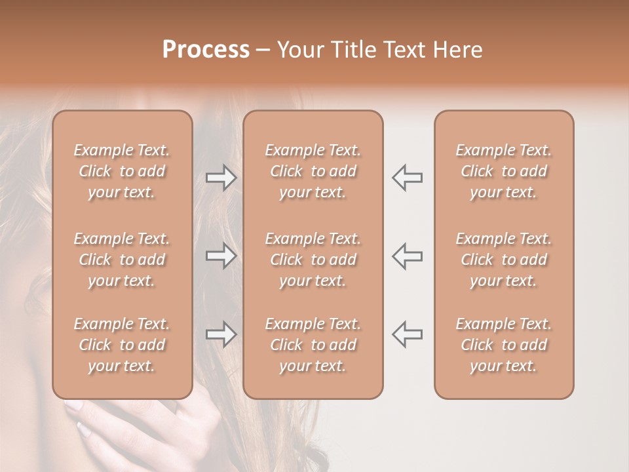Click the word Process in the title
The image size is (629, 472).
click(x=206, y=50)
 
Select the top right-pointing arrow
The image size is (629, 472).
click(x=221, y=177)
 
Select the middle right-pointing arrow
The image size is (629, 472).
click(x=221, y=255)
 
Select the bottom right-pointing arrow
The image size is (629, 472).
click(x=221, y=334)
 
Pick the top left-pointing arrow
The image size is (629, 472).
click(x=408, y=177)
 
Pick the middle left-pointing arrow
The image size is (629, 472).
click(x=408, y=255)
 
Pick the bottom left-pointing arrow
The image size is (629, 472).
click(x=408, y=334)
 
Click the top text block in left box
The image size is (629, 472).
click(x=122, y=171)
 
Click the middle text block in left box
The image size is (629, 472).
click(x=122, y=260)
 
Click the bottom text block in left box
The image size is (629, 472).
click(x=122, y=345)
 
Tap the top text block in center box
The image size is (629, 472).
click(x=313, y=171)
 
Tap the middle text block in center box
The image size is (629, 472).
click(x=313, y=260)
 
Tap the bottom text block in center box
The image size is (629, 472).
click(x=313, y=345)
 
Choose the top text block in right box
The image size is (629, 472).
click(x=504, y=171)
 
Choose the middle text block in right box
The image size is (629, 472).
click(x=504, y=260)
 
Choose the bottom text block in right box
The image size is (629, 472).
click(x=504, y=345)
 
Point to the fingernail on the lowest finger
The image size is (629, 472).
click(x=85, y=430)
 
